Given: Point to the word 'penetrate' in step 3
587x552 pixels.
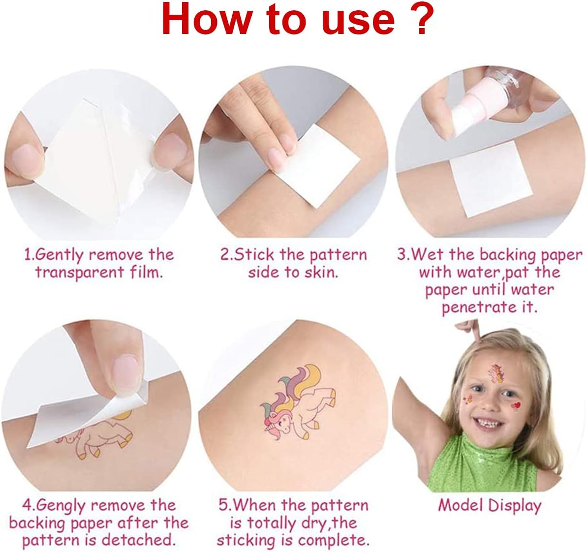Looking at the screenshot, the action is click(x=475, y=308).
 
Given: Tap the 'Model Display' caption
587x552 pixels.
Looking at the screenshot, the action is click(x=490, y=506).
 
